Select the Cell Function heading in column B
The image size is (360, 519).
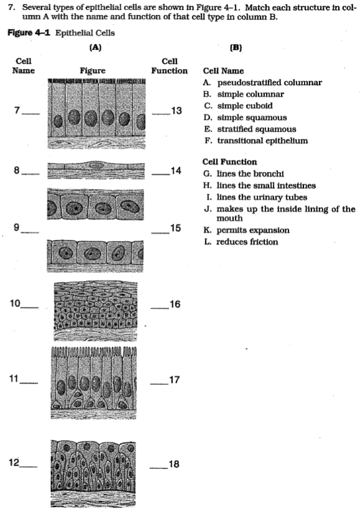pos(229,162)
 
